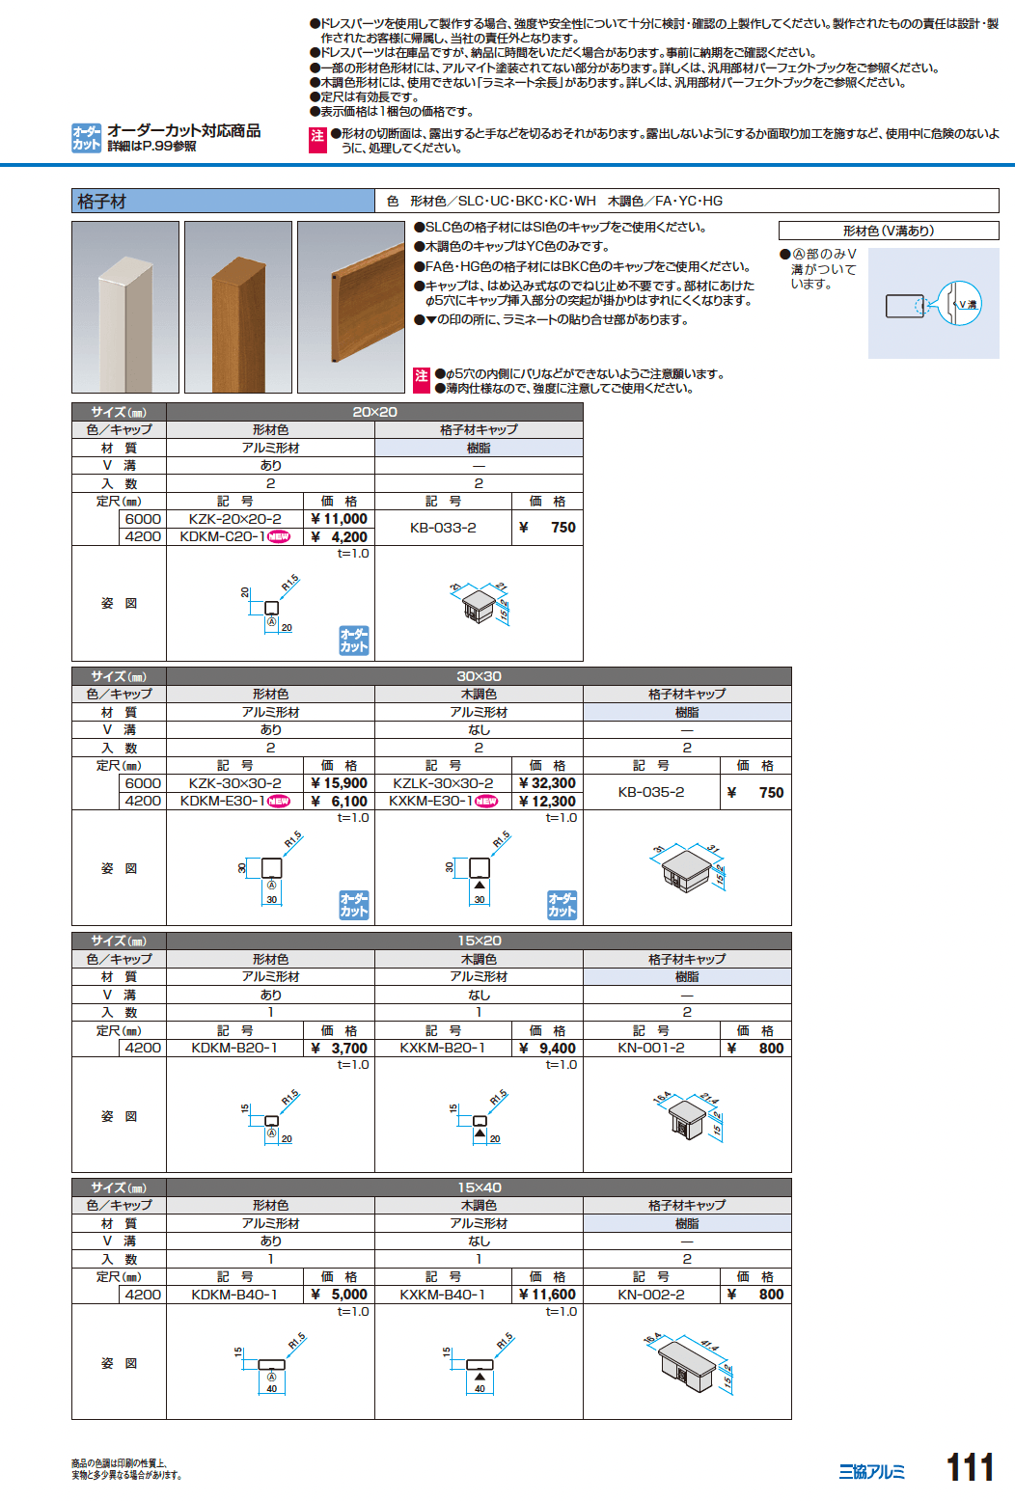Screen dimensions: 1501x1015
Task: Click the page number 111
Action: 970,1467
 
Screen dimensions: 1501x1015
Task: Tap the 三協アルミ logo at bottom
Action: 871,1472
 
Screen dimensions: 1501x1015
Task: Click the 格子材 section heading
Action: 102,202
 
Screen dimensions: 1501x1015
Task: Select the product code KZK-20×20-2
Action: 235,519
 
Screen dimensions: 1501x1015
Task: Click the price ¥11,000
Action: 340,519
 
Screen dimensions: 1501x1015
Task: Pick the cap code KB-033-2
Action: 443,528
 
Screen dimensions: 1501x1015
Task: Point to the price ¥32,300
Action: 547,783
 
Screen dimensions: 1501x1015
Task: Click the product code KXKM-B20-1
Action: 443,1048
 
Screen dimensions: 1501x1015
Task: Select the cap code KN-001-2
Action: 651,1048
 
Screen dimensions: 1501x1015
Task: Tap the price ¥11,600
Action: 547,1295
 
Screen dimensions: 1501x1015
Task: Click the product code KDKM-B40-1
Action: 234,1295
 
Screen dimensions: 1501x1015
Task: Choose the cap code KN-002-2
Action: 651,1295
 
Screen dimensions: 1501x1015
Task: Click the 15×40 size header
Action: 480,1187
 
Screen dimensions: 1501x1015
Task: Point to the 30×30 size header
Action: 480,676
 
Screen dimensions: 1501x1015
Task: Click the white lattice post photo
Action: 125,308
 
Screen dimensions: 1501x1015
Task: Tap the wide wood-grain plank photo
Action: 351,308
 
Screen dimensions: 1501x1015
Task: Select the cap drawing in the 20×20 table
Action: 480,605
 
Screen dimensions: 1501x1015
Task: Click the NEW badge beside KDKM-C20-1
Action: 278,537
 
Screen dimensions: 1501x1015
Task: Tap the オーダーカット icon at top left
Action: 86,138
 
